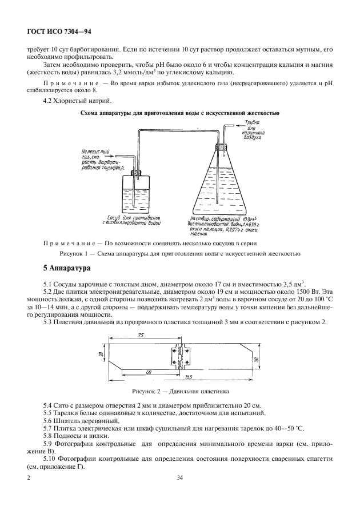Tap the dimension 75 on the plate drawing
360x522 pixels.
[x=141, y=336]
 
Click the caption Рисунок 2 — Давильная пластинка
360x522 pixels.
[x=180, y=393]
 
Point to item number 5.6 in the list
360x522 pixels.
[x=50, y=420]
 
